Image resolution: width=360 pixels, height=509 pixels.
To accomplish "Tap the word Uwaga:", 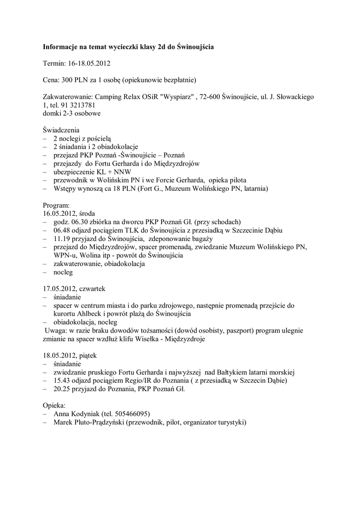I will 56,331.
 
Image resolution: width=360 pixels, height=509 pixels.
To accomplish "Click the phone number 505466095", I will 131,414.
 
